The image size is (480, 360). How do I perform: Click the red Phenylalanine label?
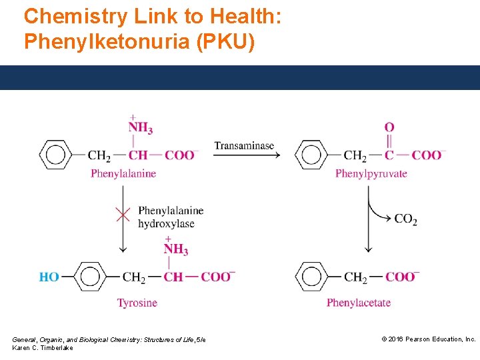click(123, 174)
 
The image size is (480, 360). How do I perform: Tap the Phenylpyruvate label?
click(371, 174)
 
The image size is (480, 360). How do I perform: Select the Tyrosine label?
click(137, 303)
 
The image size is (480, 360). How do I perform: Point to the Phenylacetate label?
click(359, 303)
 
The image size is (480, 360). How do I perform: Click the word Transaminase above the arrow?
click(244, 145)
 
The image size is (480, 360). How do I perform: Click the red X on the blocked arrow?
click(123, 214)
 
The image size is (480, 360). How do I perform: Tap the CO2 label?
click(405, 219)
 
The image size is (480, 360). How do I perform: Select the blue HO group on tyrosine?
click(49, 277)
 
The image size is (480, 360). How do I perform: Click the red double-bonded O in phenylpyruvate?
click(389, 127)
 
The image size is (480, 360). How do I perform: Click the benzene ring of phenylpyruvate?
click(311, 155)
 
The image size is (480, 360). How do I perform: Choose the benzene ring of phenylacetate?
click(311, 277)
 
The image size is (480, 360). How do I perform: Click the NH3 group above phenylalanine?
click(141, 127)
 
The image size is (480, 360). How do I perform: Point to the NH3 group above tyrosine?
click(175, 249)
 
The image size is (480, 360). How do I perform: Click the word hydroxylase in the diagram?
click(166, 223)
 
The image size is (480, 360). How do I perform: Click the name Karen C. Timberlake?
click(43, 348)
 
